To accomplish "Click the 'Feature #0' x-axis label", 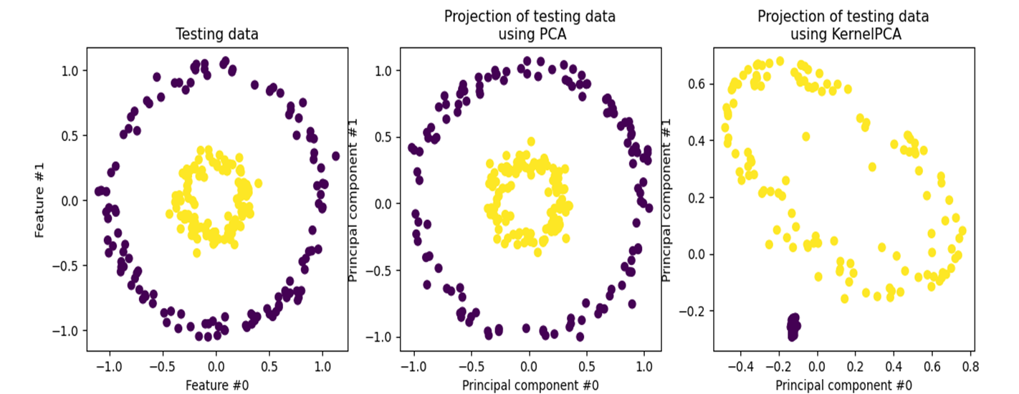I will (217, 385).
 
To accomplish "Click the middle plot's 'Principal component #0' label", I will (530, 385).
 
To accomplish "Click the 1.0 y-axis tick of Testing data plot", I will (70, 70).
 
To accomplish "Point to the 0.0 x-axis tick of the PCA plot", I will (530, 366).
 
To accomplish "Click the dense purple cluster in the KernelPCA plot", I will (793, 327).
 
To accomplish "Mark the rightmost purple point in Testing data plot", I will (335, 155).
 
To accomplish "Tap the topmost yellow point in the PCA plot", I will (531, 142).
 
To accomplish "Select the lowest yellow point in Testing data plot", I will (196, 252).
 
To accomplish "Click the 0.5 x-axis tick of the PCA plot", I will (588, 366).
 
